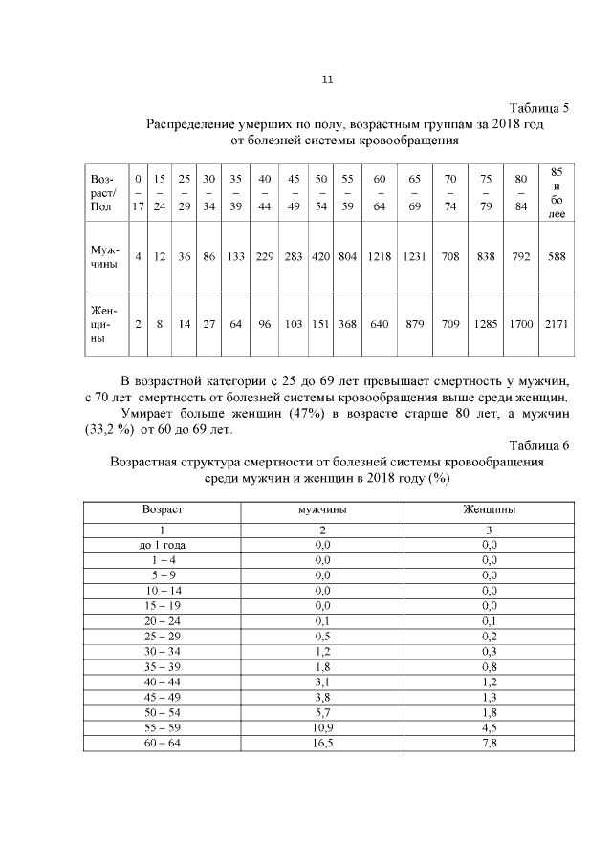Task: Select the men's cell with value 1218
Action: point(380,257)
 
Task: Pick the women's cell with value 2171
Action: point(555,324)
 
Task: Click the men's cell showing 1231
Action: point(415,257)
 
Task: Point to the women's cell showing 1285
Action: point(486,324)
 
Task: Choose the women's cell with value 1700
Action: point(521,324)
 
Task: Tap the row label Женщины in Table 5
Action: point(101,324)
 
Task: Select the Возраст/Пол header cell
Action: point(101,192)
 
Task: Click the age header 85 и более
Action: point(556,192)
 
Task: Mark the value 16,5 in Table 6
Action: point(322,743)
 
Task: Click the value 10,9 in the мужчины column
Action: point(322,727)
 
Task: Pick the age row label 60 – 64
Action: point(162,743)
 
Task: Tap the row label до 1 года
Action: point(162,544)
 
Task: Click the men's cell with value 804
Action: point(347,257)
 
